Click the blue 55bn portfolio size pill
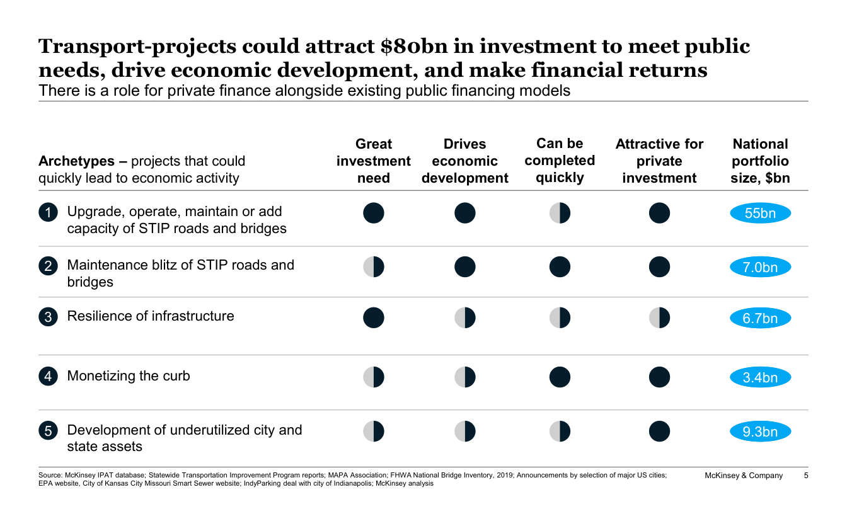tap(760, 214)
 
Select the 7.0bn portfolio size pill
tap(760, 267)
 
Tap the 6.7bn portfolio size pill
tap(760, 318)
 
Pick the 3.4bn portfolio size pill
tap(760, 377)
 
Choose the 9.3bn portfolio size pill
tap(760, 431)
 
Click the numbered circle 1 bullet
tap(48, 212)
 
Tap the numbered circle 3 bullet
tap(48, 317)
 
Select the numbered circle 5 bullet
tap(48, 431)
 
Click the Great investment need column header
tap(373, 161)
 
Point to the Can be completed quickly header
tap(560, 161)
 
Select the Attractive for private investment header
tap(659, 161)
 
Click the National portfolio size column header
tap(760, 161)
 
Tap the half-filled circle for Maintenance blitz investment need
tap(373, 267)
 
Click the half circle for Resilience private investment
tap(659, 318)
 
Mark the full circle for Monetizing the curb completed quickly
tap(560, 377)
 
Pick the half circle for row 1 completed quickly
tap(560, 214)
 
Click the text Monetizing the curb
tap(129, 376)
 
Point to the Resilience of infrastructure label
tap(151, 316)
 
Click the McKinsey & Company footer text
tap(744, 476)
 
